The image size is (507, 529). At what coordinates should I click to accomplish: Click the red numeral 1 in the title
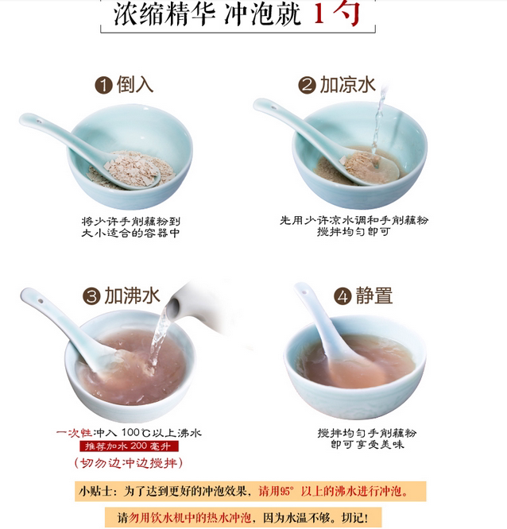click(319, 14)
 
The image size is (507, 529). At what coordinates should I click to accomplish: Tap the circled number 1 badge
click(103, 85)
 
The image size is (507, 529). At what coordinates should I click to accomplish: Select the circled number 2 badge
click(307, 85)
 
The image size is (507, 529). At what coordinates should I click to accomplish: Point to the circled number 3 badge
click(91, 296)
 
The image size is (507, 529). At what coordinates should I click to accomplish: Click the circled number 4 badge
click(343, 296)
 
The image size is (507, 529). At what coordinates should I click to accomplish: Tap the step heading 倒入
click(135, 84)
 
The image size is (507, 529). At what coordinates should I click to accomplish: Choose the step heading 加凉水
click(347, 84)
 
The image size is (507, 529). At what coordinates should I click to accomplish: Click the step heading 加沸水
click(132, 295)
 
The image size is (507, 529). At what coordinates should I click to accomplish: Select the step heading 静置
click(374, 295)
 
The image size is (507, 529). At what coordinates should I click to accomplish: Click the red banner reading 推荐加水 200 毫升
click(129, 446)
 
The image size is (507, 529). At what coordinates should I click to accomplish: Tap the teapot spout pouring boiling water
click(172, 307)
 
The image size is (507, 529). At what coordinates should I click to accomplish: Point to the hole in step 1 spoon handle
click(39, 121)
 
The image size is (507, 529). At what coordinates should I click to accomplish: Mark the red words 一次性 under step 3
click(74, 433)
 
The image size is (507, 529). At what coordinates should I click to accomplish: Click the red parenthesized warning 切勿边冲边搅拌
click(129, 463)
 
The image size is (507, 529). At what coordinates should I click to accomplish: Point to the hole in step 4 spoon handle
click(304, 292)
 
